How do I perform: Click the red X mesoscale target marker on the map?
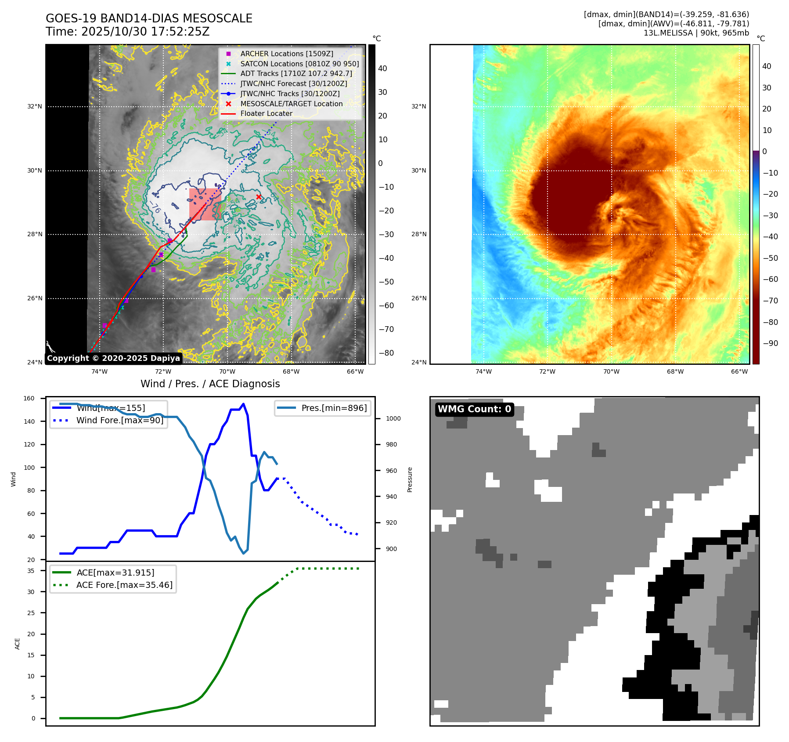click(259, 197)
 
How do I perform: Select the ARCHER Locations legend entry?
click(286, 54)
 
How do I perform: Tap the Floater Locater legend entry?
click(266, 113)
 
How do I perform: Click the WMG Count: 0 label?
click(474, 409)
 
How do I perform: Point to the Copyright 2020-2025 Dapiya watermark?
click(113, 358)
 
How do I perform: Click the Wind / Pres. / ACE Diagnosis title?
click(210, 384)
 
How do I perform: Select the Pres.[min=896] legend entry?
click(334, 408)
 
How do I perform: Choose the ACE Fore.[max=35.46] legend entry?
click(124, 585)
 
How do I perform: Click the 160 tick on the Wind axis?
click(29, 399)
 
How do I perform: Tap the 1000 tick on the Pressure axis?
click(393, 418)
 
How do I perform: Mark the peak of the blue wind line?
click(244, 404)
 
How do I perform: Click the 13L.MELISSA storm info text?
click(696, 33)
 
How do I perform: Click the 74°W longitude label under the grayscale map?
click(99, 371)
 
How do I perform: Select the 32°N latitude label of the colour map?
click(418, 106)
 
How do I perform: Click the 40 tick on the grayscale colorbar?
click(382, 68)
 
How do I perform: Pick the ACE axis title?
click(18, 644)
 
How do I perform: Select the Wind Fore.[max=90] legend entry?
click(119, 420)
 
